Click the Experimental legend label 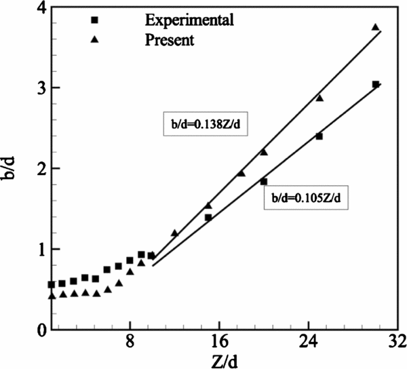click(x=189, y=19)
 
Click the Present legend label click(x=170, y=40)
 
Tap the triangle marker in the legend click(x=95, y=40)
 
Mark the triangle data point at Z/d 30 click(x=376, y=28)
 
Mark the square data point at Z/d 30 click(x=376, y=85)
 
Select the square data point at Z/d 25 click(x=319, y=136)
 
